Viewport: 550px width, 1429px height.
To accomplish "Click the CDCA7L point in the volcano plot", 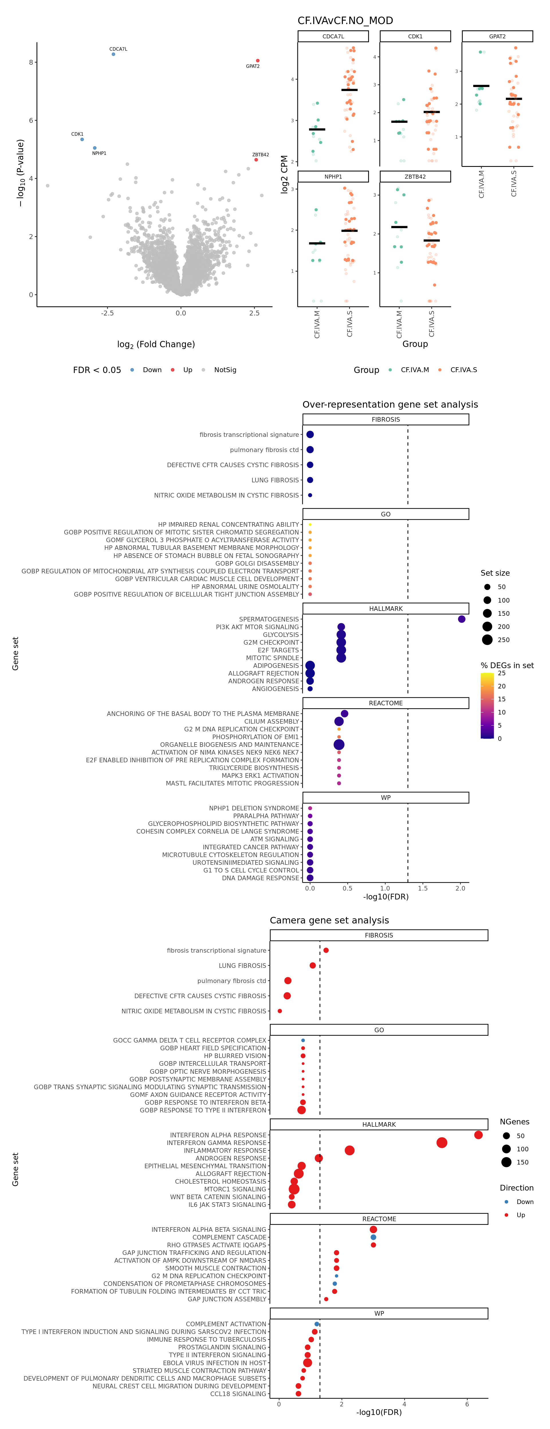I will pos(113,54).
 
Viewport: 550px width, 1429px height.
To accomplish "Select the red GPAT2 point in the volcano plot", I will pos(258,60).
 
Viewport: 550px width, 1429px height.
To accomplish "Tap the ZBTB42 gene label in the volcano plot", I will pos(260,155).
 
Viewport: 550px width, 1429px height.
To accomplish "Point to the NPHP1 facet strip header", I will pos(333,176).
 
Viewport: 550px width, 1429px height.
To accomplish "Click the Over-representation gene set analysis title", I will pos(390,404).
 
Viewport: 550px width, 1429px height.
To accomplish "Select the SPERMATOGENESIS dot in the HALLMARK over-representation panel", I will pos(461,619).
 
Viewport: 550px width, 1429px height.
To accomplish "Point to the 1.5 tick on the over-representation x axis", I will pos(423,888).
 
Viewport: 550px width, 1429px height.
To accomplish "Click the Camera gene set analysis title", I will pos(329,920).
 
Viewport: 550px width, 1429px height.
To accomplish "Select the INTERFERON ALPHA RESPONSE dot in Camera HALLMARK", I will pos(478,1135).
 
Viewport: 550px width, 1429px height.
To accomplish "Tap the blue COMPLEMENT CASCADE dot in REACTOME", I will pos(373,1237).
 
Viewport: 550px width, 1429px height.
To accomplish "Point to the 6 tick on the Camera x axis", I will pos(467,1404).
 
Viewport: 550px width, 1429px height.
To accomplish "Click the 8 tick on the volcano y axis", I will pos(31,62).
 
